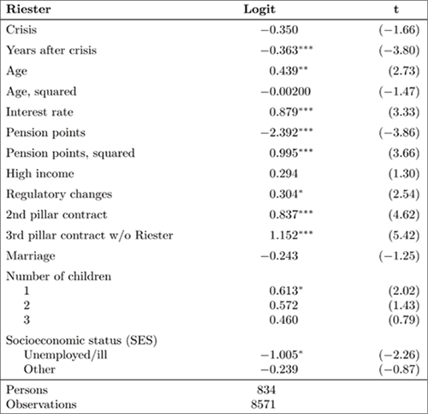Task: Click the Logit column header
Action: [259, 9]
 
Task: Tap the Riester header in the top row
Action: [28, 9]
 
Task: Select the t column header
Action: [396, 9]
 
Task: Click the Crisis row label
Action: [21, 30]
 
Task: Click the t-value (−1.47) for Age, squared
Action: [399, 92]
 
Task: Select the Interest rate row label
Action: [39, 112]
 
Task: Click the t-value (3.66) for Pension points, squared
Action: [404, 153]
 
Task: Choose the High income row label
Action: [40, 174]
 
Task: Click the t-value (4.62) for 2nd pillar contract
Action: [404, 215]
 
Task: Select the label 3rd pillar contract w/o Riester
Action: [89, 236]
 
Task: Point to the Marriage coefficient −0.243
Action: [279, 256]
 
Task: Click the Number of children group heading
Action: [58, 276]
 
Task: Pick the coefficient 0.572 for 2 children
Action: [283, 305]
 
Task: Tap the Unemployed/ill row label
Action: [65, 355]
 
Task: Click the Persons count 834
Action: [266, 390]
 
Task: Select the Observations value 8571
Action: [263, 405]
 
